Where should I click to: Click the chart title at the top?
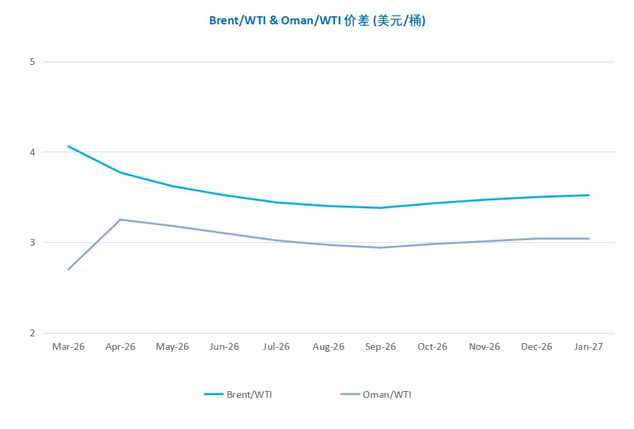point(317,21)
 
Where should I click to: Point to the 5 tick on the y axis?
point(32,62)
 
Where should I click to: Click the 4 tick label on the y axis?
point(32,152)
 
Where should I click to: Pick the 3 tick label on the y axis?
point(32,242)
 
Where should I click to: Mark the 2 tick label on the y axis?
point(32,333)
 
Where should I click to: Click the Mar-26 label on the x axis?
point(68,346)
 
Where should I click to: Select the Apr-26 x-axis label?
point(120,346)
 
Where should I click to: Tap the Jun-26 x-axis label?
point(225,346)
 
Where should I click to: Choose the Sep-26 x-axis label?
point(380,346)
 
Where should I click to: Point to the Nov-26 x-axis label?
point(484,346)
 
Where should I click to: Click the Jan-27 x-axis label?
point(588,346)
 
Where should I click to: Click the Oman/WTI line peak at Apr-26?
point(120,219)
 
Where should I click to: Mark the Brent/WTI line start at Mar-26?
point(68,146)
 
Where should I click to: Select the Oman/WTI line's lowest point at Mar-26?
point(68,269)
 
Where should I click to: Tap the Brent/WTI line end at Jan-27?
point(589,195)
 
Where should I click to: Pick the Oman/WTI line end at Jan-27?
point(589,238)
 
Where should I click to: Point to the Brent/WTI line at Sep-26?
point(380,208)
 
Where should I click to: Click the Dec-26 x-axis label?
point(537,346)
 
